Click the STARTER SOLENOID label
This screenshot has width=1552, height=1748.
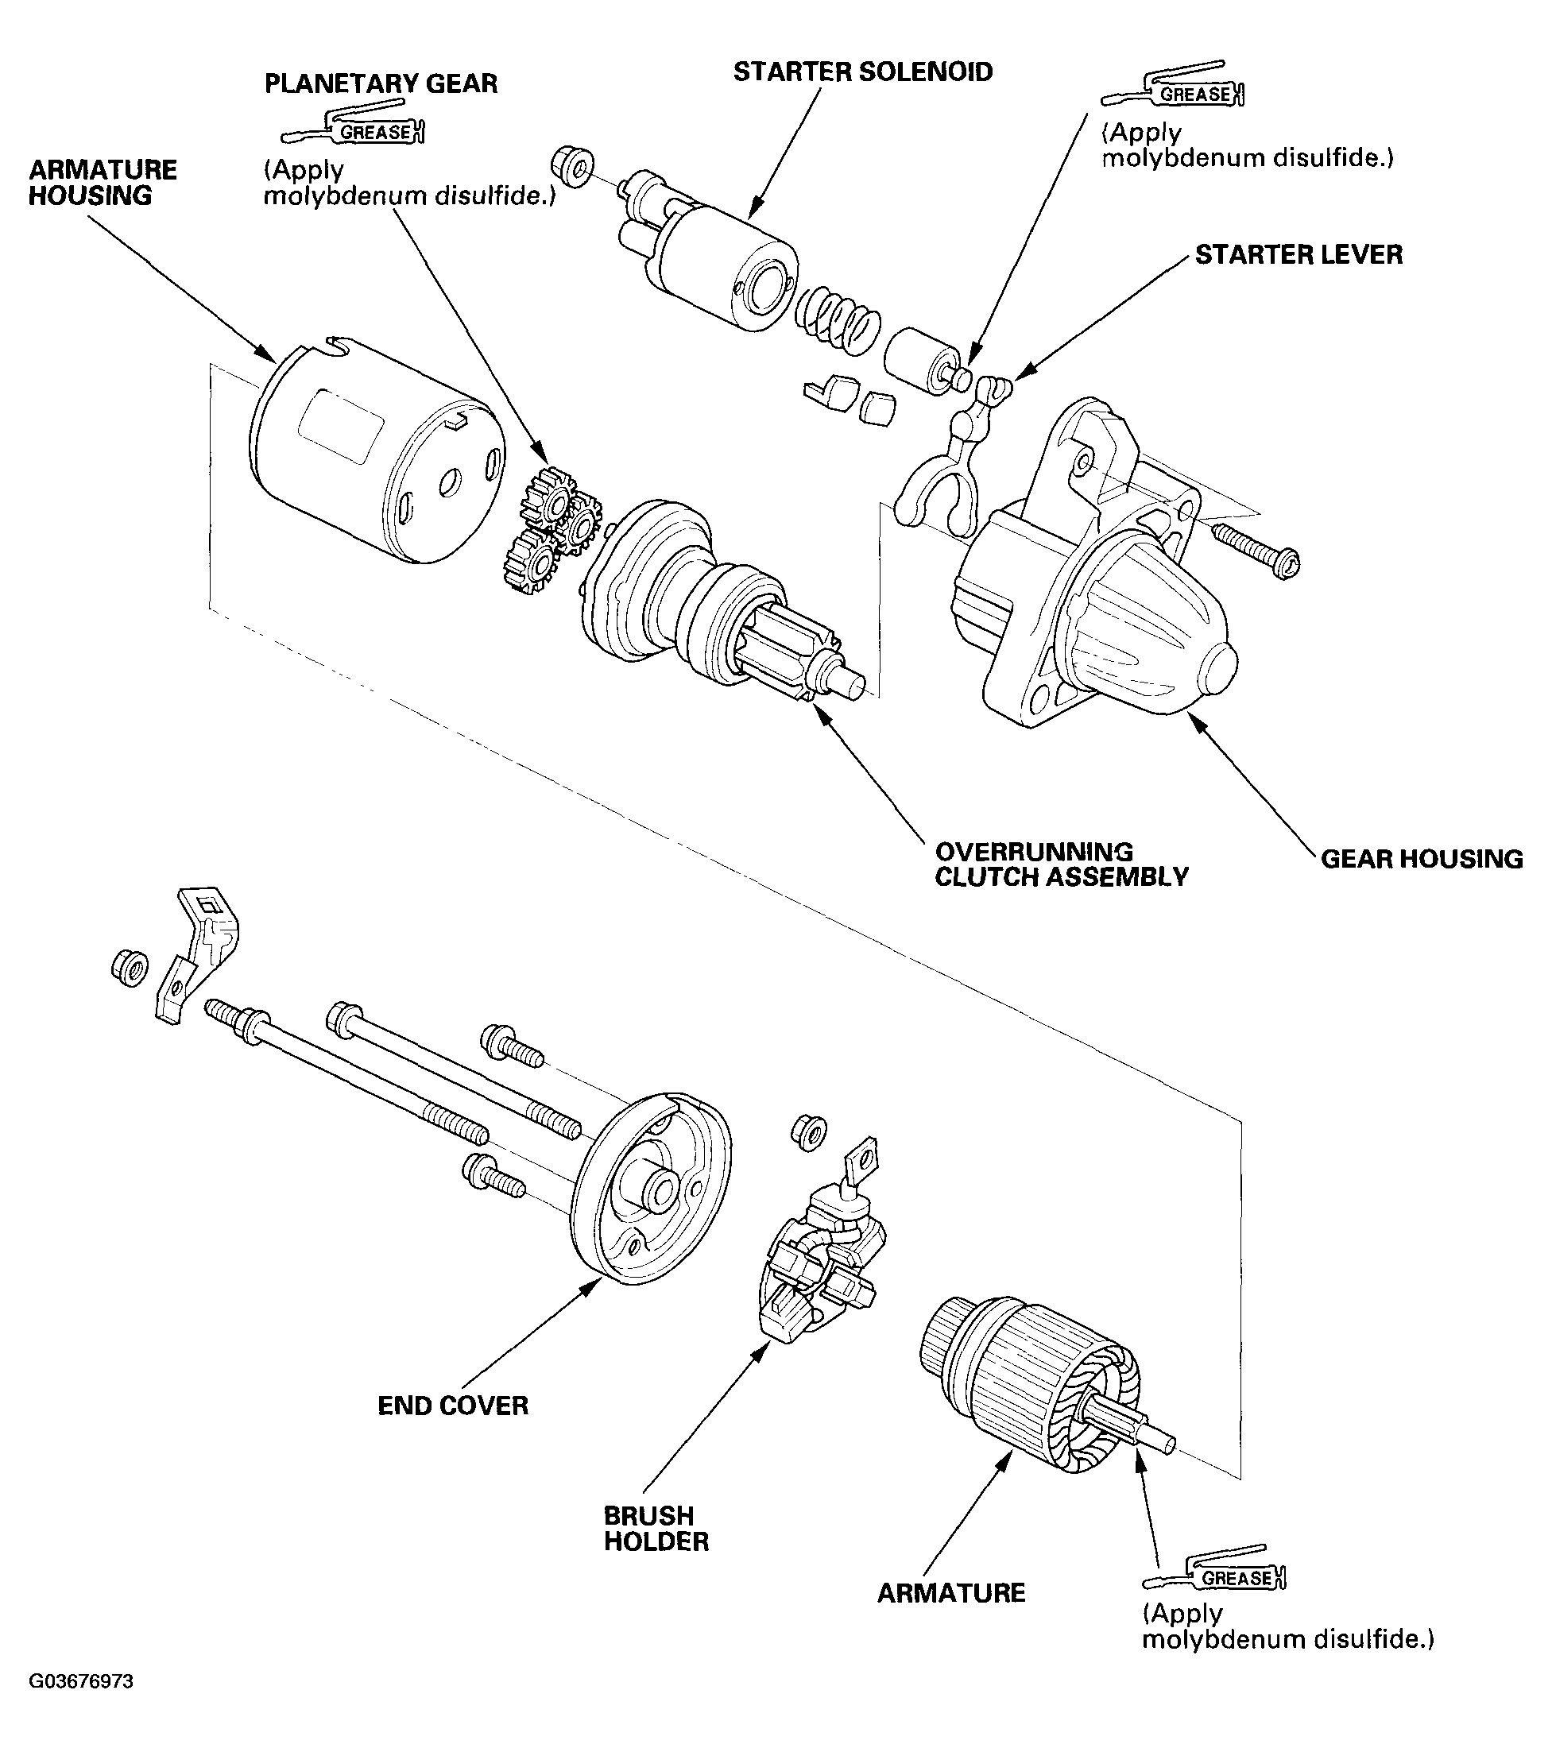tap(863, 72)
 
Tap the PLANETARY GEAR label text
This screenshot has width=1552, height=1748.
tap(381, 83)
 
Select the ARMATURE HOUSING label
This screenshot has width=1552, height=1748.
tap(103, 182)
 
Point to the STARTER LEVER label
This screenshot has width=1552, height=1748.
tap(1298, 255)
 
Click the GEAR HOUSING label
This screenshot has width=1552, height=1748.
tap(1422, 859)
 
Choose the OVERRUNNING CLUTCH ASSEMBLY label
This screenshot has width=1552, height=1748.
tap(1061, 864)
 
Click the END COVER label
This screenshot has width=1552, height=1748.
tap(453, 1406)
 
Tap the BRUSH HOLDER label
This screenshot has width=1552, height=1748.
tap(656, 1528)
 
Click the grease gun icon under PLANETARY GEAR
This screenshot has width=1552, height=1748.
tap(353, 126)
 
